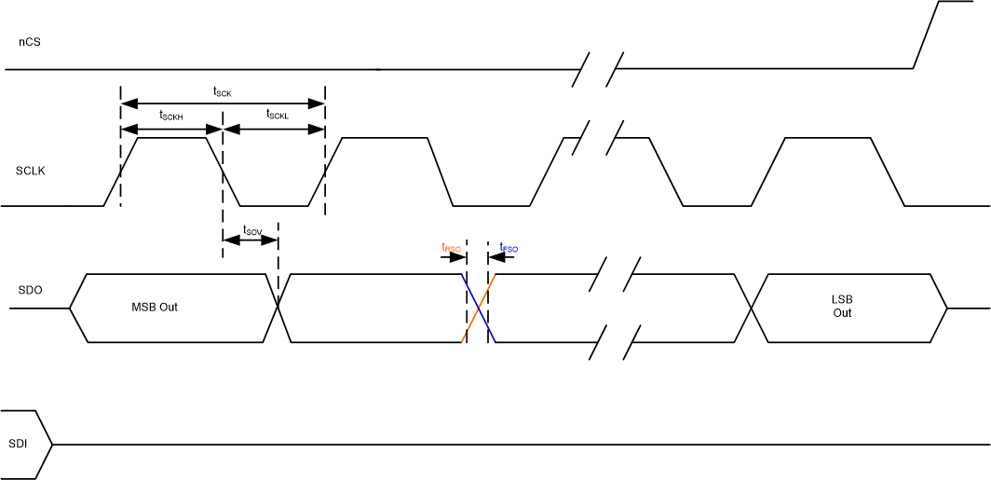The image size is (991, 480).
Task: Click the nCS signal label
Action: point(29,42)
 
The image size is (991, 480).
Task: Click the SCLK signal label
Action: point(31,171)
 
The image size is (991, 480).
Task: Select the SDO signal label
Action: point(30,290)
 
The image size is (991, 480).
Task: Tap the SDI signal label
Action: point(17,444)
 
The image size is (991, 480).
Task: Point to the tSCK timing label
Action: point(222,91)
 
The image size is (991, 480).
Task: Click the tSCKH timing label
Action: point(171,115)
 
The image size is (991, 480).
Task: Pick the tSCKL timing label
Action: point(277,115)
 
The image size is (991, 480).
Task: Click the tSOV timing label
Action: point(251,229)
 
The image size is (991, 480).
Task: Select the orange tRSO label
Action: point(451,247)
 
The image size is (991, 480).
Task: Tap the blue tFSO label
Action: point(509,247)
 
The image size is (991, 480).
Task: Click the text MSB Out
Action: point(155,308)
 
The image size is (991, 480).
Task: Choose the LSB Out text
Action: point(842,307)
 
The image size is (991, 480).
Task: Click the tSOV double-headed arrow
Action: point(251,240)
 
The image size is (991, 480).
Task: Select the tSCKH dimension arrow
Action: point(171,129)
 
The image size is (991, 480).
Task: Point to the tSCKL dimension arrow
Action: point(274,129)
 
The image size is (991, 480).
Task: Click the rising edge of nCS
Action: point(926,35)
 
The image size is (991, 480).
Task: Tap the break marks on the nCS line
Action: point(599,68)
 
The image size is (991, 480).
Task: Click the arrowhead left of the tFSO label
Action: point(495,257)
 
